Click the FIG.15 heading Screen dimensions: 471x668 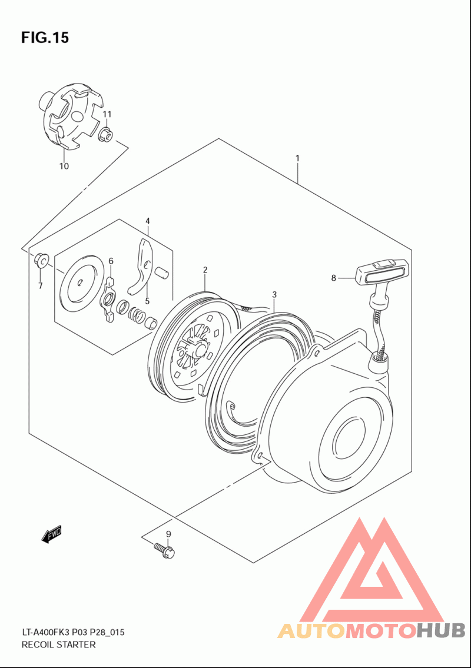(45, 38)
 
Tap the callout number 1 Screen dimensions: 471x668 (297, 158)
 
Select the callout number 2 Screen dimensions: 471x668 (205, 270)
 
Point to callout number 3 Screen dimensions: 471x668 (274, 294)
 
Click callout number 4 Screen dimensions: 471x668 (147, 221)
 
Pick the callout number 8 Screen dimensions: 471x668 (333, 278)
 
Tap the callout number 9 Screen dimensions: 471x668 (168, 534)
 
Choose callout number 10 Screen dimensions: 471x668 (64, 166)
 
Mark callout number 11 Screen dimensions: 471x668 (107, 114)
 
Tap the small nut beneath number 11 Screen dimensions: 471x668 (106, 135)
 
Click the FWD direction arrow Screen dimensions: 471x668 (52, 534)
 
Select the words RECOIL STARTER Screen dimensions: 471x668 (58, 644)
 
